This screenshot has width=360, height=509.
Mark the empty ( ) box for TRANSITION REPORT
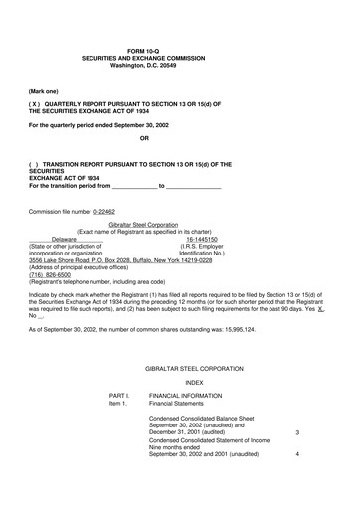(x=36, y=163)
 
